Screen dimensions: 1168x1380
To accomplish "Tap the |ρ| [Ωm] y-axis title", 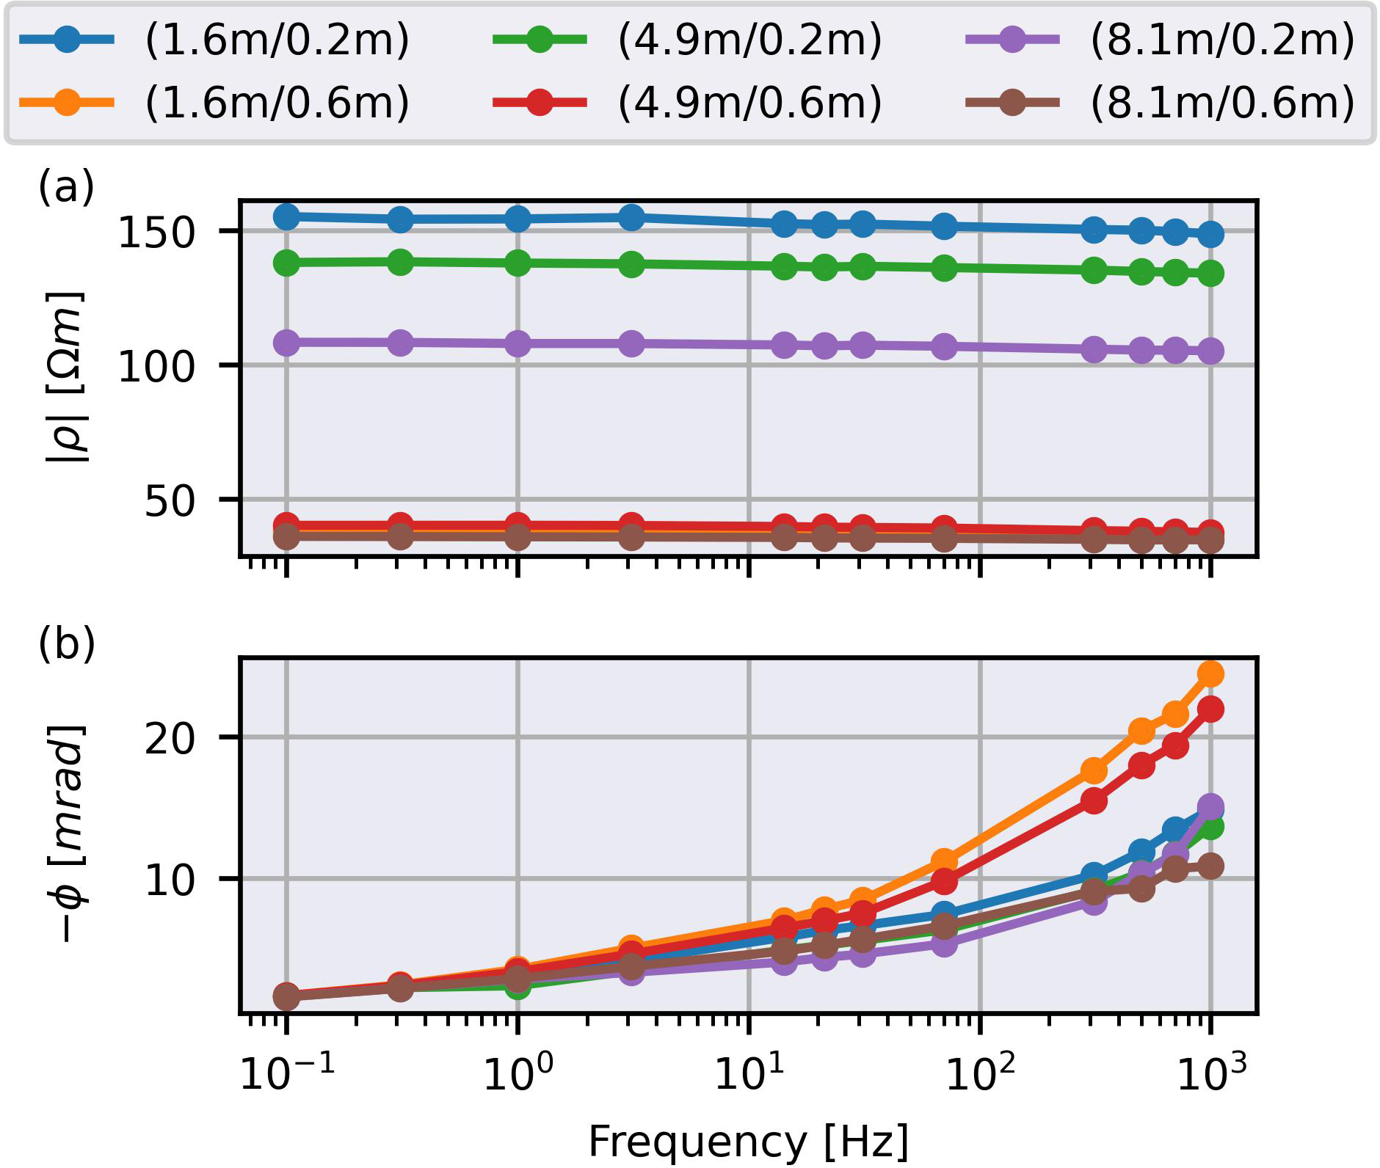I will (x=66, y=377).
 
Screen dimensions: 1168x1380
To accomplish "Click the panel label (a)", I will (x=66, y=187).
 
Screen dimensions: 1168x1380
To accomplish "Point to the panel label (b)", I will (x=66, y=643).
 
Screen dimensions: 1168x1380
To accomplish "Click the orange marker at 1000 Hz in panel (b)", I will (x=1210, y=674).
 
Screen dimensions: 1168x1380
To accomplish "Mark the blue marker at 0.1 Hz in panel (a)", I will (x=286, y=216).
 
